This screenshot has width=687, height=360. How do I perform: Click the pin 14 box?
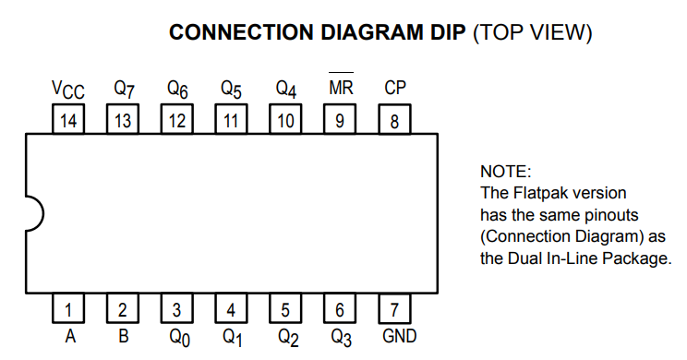pos(68,119)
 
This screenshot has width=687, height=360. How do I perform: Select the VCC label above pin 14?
pos(68,90)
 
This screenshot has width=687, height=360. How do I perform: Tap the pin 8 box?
pos(394,119)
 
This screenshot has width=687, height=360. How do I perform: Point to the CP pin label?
pos(395,88)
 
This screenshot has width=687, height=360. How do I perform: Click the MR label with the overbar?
pos(341,85)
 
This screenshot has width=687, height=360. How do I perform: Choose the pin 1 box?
pos(68,308)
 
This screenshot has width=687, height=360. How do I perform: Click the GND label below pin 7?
pos(399,336)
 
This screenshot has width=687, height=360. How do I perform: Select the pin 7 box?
pos(394,308)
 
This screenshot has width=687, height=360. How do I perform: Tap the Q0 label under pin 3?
pos(180,338)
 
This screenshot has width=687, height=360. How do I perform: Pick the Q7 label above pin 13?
pos(124,89)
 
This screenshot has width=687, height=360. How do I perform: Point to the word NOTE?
pos(506,172)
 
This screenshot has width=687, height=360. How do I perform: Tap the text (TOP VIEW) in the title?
pos(533,33)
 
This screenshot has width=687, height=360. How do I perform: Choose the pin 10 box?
pos(285,119)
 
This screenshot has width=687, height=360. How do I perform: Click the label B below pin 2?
pos(123,336)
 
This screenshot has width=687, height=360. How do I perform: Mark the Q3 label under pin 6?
pos(342,338)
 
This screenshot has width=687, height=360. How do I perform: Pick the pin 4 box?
pos(231,308)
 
